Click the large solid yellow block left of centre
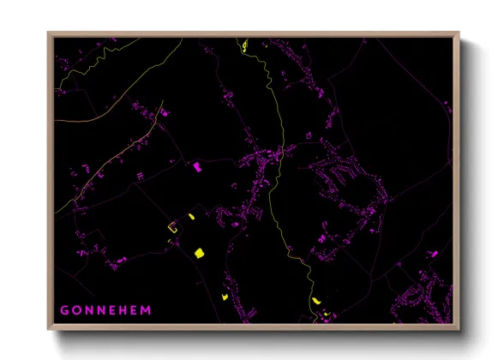tap(199, 252)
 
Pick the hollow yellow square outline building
tap(172, 228)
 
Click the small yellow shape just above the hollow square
tap(190, 217)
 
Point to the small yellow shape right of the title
tap(225, 297)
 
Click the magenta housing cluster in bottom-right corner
tap(424, 300)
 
